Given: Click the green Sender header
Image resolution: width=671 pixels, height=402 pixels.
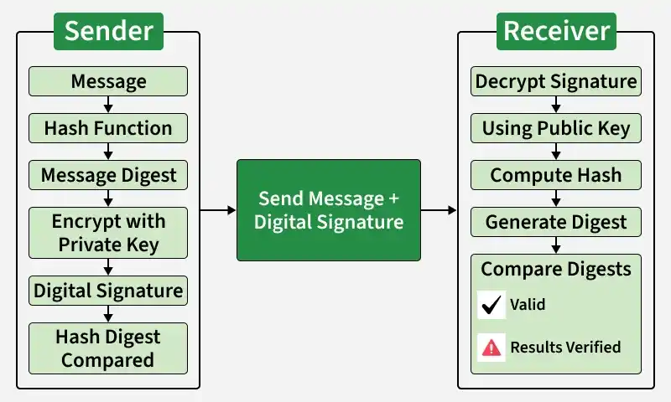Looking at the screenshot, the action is click(109, 31).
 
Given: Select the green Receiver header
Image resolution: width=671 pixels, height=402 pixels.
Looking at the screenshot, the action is click(556, 31).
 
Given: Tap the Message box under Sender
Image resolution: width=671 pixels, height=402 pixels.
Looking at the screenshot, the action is click(108, 81).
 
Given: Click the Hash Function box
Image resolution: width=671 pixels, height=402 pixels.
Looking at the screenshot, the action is click(108, 128).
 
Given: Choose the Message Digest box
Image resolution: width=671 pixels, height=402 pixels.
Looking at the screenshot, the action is click(108, 175).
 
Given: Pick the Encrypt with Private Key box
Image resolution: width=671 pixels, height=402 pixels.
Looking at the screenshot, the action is click(108, 233).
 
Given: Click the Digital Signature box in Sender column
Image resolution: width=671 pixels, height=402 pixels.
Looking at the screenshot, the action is click(108, 291).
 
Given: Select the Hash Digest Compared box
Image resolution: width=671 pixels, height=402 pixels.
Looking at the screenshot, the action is click(108, 348).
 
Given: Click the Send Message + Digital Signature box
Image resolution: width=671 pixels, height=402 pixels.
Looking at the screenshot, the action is click(329, 210).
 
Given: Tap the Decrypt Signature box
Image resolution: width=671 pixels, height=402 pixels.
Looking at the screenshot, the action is click(556, 81).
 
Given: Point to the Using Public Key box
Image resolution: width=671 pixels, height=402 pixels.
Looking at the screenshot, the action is click(556, 128).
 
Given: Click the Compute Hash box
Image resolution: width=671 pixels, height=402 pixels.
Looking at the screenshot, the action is click(556, 175).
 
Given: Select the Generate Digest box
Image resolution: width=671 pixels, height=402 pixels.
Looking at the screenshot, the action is click(556, 222).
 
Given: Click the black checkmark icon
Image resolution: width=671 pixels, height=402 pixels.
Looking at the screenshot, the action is click(492, 305).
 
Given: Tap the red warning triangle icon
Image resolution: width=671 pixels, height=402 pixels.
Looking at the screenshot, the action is click(492, 348).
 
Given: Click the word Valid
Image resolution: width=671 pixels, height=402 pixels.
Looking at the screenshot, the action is click(528, 305).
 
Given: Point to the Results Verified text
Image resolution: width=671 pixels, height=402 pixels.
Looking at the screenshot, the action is click(565, 348).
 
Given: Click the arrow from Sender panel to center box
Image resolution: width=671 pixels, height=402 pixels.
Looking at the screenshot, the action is click(218, 210).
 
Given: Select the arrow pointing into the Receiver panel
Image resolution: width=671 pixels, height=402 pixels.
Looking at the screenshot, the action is click(439, 210).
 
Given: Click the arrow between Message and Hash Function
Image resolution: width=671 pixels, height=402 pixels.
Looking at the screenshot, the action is click(108, 105).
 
